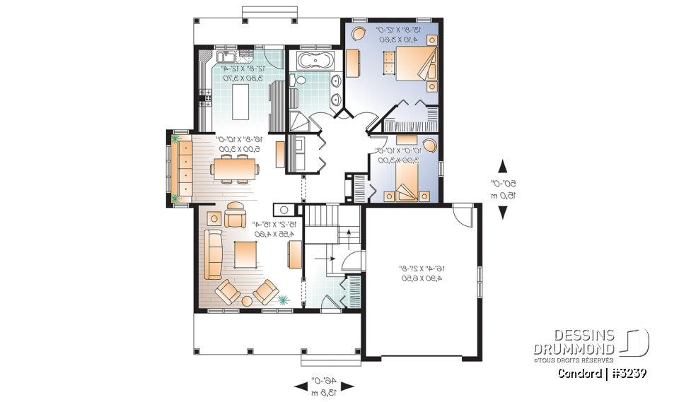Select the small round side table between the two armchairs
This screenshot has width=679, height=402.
(246, 301)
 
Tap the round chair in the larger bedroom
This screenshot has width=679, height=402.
(359, 32)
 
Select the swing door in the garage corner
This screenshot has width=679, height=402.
(460, 214)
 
